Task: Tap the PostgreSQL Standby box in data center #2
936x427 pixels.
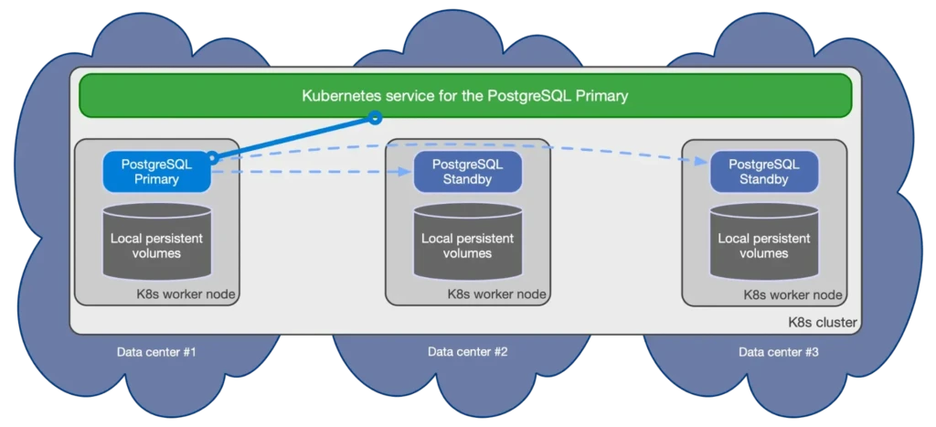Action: [x=467, y=172]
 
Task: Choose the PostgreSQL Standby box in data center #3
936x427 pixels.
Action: [x=763, y=172]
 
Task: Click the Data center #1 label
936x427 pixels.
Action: [x=156, y=352]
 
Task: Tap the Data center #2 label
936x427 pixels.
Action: [x=467, y=352]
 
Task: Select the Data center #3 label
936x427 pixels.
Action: [x=778, y=352]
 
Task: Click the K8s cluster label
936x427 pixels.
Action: [x=822, y=324]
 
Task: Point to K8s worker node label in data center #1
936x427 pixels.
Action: [x=186, y=294]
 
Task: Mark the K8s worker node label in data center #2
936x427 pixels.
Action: [x=496, y=294]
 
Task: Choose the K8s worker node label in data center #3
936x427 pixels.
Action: [x=792, y=294]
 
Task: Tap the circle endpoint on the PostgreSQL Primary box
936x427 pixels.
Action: [x=212, y=158]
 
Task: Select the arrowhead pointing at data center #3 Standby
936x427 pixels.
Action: [x=705, y=161]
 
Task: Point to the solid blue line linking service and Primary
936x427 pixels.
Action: [x=292, y=137]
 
